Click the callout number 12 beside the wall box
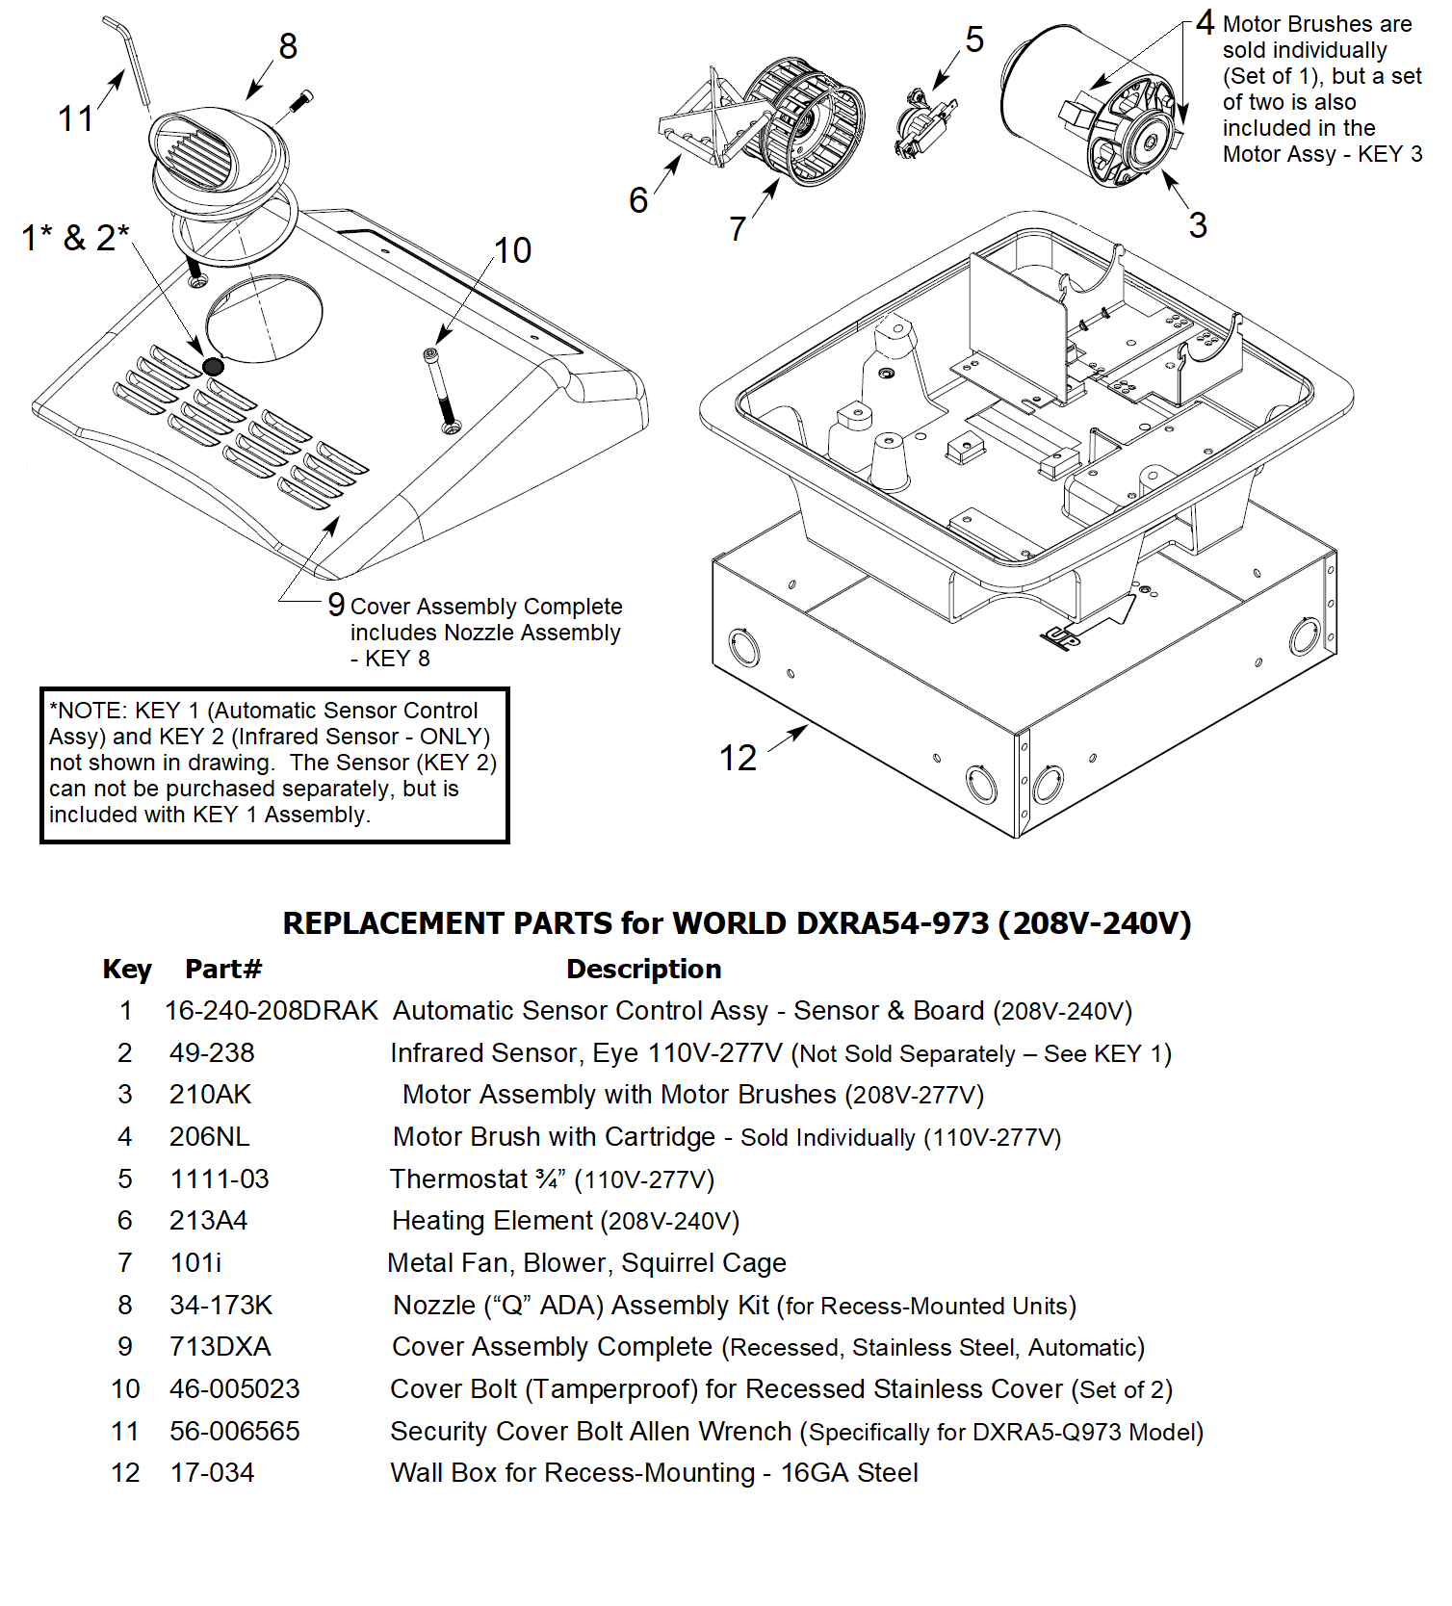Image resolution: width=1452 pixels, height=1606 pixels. point(739,758)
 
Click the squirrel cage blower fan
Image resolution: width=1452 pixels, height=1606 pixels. point(807,120)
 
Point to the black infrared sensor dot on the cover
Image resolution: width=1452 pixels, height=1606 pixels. point(213,366)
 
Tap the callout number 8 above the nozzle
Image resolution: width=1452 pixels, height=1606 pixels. point(288,45)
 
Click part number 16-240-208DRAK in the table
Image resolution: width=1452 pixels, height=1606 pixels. point(271,1011)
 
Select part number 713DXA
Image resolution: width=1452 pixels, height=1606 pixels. point(220,1346)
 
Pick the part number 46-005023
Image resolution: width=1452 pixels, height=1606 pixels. point(234,1388)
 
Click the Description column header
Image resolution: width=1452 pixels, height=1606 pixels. point(643,969)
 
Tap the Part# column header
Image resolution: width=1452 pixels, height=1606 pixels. point(223,969)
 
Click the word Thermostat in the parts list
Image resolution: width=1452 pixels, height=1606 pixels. point(458,1179)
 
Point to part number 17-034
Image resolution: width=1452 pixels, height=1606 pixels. point(212,1473)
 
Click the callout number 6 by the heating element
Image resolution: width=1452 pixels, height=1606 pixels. point(638,200)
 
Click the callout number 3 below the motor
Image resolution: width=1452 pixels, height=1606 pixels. point(1197,225)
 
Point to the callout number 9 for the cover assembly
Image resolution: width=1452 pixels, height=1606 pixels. point(336,605)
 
